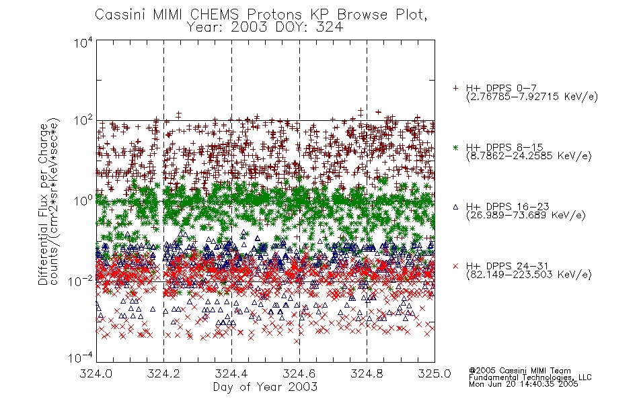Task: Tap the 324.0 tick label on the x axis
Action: [96, 373]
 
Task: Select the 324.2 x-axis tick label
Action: [163, 373]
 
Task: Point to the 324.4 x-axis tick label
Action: [231, 373]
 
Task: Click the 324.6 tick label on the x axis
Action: [299, 373]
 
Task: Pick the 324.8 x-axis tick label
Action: [367, 373]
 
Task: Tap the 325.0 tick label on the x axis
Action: [435, 373]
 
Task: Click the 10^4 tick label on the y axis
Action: [83, 42]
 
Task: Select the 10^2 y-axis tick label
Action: [83, 121]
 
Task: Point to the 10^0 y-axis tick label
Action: [83, 201]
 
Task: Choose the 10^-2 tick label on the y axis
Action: [81, 281]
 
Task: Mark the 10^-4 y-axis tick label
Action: [81, 357]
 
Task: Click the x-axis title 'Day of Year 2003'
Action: [265, 387]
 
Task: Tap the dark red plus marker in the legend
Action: [455, 88]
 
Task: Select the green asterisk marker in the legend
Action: [455, 147]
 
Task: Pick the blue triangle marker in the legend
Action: [455, 207]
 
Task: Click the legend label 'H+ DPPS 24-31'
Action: [507, 266]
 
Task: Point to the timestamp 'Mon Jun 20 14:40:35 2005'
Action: [523, 384]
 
